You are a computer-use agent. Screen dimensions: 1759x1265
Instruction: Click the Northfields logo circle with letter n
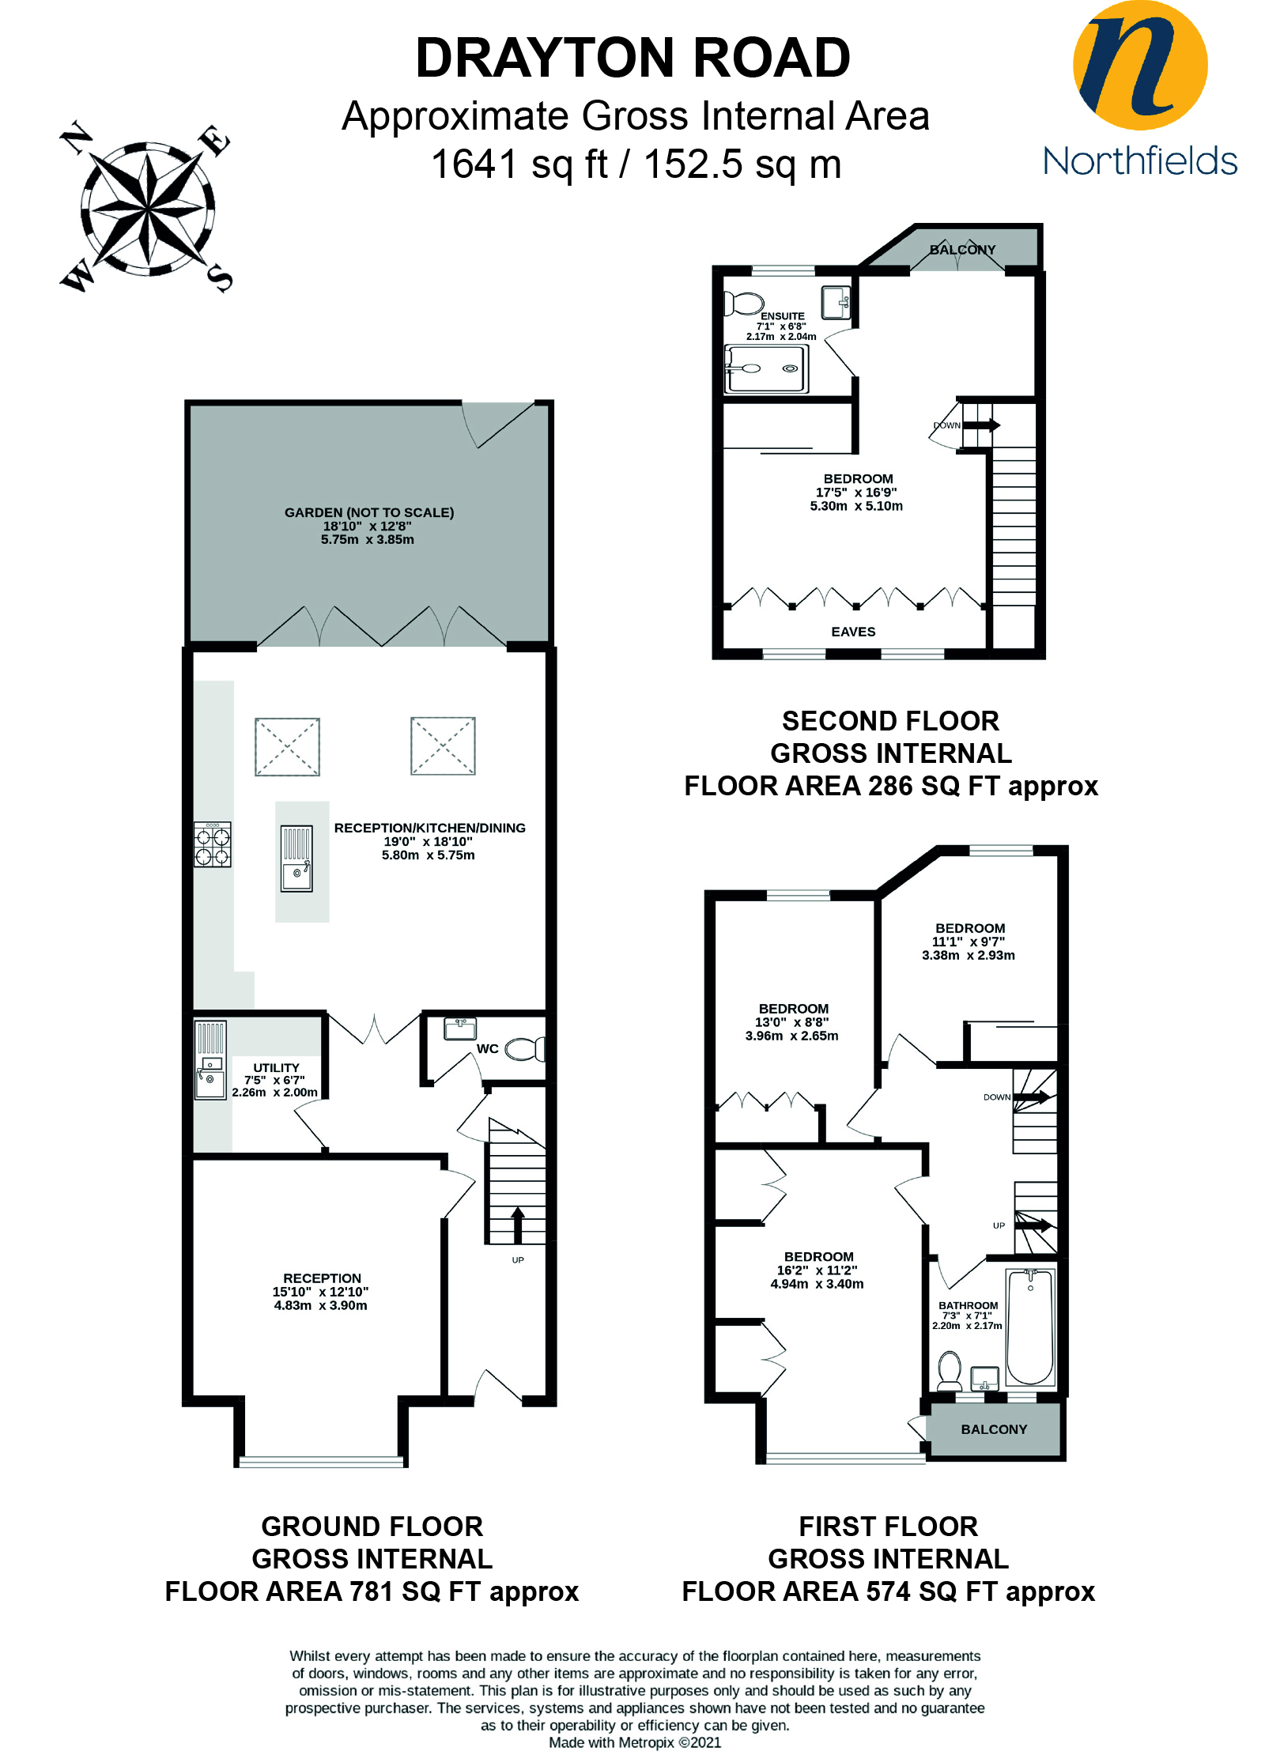click(1139, 65)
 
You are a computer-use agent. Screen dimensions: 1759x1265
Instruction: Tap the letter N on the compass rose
click(76, 137)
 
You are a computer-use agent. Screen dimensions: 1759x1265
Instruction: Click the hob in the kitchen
click(213, 844)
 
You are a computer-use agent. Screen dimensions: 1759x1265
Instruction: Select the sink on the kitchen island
click(296, 875)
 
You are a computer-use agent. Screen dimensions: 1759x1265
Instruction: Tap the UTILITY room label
click(276, 1067)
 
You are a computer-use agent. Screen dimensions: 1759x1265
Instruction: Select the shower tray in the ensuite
click(766, 368)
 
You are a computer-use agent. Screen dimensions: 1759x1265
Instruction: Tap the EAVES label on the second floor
click(853, 632)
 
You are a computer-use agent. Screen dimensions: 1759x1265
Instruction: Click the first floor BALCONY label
click(994, 1429)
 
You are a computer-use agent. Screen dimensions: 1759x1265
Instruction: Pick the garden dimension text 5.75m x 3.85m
click(368, 540)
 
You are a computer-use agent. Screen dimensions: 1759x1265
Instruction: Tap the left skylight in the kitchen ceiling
click(287, 746)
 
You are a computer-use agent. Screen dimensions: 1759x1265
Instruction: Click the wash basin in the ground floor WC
click(460, 1028)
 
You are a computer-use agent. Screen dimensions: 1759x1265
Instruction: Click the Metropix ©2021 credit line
click(635, 1742)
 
